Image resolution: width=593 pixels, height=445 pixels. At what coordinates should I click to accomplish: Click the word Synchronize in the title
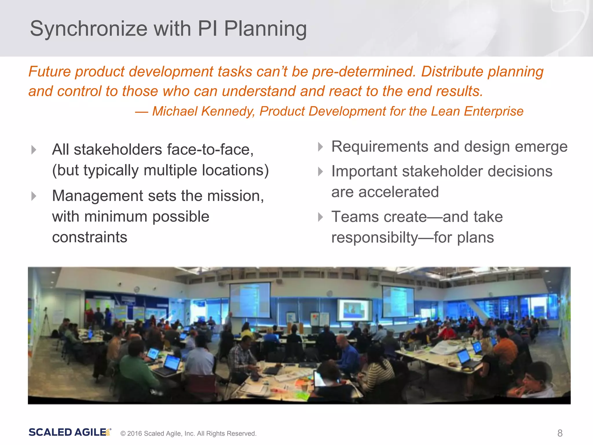pyautogui.click(x=89, y=29)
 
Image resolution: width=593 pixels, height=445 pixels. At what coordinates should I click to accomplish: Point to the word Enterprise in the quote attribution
pyautogui.click(x=493, y=111)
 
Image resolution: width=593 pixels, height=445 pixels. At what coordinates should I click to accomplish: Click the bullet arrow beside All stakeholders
pyautogui.click(x=34, y=150)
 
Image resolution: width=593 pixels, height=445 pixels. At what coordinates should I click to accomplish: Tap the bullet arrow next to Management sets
pyautogui.click(x=34, y=196)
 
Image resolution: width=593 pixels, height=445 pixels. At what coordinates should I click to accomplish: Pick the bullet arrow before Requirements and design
pyautogui.click(x=320, y=147)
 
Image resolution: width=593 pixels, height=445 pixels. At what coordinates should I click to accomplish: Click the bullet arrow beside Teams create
pyautogui.click(x=320, y=217)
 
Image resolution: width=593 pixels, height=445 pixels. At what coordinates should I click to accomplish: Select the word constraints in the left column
pyautogui.click(x=89, y=237)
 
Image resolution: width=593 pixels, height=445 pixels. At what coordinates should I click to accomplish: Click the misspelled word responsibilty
pyautogui.click(x=374, y=238)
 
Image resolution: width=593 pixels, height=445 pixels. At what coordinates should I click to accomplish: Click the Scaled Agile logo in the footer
pyautogui.click(x=69, y=432)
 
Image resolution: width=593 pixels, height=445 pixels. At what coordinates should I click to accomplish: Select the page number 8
pyautogui.click(x=560, y=433)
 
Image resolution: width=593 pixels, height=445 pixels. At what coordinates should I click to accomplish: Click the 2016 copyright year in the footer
pyautogui.click(x=135, y=434)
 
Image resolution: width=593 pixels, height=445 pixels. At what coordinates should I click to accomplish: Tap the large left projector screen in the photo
pyautogui.click(x=250, y=300)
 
